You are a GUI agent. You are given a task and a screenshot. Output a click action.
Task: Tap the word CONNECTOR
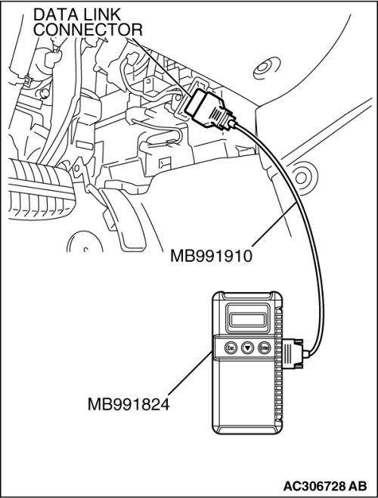click(x=88, y=30)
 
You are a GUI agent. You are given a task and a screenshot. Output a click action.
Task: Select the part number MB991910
click(x=211, y=256)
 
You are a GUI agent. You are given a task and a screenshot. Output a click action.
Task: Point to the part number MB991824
click(x=129, y=405)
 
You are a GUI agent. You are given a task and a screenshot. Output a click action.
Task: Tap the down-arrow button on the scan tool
click(x=248, y=348)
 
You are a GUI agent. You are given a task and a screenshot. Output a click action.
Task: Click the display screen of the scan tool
click(x=247, y=319)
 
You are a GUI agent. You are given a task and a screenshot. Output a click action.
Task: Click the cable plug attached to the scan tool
click(x=293, y=353)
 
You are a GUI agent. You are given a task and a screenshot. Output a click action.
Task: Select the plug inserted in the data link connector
click(x=211, y=109)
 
